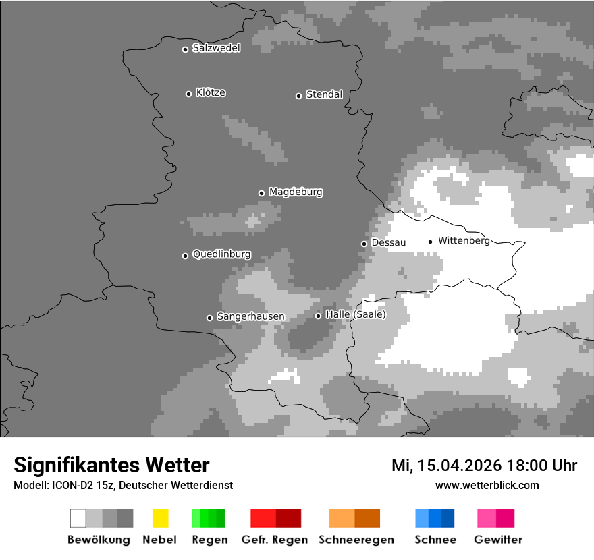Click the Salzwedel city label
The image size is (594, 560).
pyautogui.click(x=216, y=48)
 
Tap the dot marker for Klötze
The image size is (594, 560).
pyautogui.click(x=188, y=94)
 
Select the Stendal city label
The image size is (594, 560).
pyautogui.click(x=324, y=94)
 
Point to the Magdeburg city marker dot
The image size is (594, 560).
pyautogui.click(x=261, y=193)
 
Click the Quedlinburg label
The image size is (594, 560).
pyautogui.click(x=221, y=254)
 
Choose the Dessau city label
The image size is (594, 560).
pyautogui.click(x=388, y=242)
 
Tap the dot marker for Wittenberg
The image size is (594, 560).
pyautogui.click(x=430, y=242)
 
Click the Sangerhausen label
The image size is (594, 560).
pyautogui.click(x=250, y=316)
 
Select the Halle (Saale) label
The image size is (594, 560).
pyautogui.click(x=356, y=315)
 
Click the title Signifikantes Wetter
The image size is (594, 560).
pyautogui.click(x=111, y=465)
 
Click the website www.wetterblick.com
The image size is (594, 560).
pyautogui.click(x=487, y=485)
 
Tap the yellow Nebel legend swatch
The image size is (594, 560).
pyautogui.click(x=160, y=518)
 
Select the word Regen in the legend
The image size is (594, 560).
pyautogui.click(x=209, y=540)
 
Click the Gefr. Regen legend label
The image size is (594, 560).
pyautogui.click(x=274, y=540)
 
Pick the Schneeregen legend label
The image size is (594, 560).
pyautogui.click(x=356, y=540)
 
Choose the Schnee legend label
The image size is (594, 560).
pyautogui.click(x=435, y=540)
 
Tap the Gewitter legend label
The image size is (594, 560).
pyautogui.click(x=497, y=540)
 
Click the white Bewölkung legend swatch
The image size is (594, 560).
pyautogui.click(x=78, y=518)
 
